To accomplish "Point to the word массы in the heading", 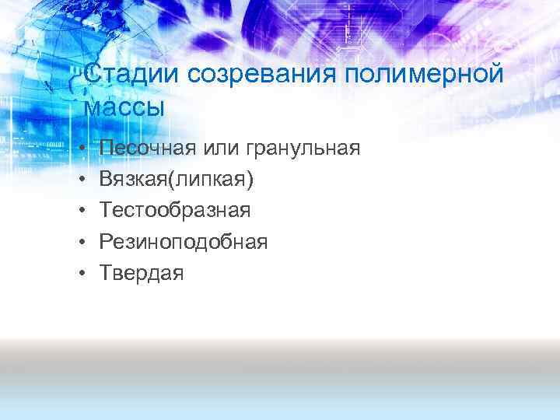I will (124, 107).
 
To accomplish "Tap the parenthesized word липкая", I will (209, 180).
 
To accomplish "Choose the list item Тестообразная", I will (175, 211).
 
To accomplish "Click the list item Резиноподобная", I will (184, 242).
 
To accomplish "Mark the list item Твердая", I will (142, 273).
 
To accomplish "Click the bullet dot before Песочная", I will (84, 149).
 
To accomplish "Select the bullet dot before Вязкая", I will (84, 180).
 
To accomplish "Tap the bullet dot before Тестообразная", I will (84, 211).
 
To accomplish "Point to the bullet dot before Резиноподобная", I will (84, 242).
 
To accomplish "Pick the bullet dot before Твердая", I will (84, 273).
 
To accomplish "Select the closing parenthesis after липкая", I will (250, 180).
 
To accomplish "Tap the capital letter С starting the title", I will (91, 76).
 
